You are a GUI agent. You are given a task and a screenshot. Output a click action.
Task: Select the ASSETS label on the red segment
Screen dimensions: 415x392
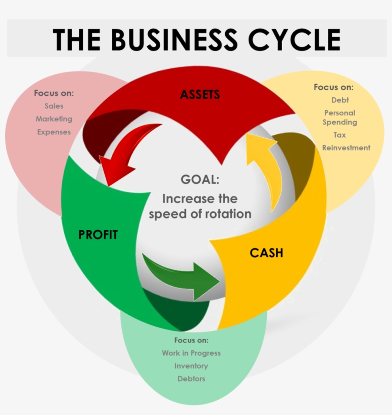click(200, 94)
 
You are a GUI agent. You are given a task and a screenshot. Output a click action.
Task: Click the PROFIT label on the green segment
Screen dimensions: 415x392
click(98, 235)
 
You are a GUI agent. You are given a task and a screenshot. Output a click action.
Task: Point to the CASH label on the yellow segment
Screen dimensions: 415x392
click(266, 253)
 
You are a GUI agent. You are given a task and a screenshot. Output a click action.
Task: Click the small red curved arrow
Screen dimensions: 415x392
click(129, 153)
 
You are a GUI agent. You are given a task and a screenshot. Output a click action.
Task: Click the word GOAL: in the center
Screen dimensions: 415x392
click(200, 180)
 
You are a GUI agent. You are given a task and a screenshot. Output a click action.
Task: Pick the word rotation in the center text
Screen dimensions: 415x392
click(228, 214)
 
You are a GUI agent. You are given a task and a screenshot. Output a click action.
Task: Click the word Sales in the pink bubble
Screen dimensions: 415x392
click(54, 106)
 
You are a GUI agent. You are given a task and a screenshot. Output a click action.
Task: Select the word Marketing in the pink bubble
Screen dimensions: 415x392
click(54, 119)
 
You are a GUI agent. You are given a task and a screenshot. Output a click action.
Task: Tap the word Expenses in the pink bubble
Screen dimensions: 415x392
click(54, 132)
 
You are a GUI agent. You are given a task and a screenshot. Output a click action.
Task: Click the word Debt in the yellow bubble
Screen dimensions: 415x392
click(340, 100)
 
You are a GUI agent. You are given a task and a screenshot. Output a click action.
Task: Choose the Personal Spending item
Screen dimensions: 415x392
click(339, 117)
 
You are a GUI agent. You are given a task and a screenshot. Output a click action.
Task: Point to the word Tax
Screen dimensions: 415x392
click(339, 135)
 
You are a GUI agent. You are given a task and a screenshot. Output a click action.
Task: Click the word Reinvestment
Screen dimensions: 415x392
click(346, 148)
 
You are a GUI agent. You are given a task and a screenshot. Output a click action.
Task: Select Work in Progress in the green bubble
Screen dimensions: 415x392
click(191, 353)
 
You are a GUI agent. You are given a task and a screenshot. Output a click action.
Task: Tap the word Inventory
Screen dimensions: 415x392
click(191, 366)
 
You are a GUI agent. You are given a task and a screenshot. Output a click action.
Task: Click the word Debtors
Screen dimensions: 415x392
click(191, 379)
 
